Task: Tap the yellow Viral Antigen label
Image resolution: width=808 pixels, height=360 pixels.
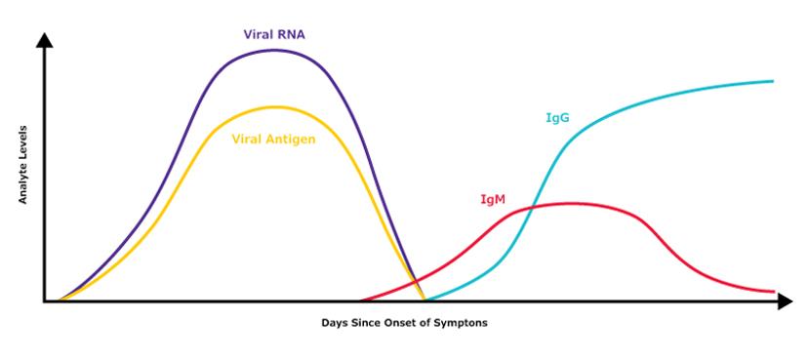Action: pos(275,138)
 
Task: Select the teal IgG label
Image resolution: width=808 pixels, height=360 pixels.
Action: pos(556,118)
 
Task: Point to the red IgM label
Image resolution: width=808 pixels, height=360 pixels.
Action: pos(492,199)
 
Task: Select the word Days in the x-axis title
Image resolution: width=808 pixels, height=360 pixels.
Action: pos(335,322)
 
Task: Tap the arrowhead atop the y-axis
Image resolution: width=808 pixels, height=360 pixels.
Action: pos(44,41)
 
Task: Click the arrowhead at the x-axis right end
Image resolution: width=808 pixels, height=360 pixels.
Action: pos(786,301)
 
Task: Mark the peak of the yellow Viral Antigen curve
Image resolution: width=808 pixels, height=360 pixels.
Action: pos(275,106)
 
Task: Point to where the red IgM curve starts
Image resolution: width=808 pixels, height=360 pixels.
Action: pos(361,300)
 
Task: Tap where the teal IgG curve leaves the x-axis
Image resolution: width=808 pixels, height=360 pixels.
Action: pos(424,300)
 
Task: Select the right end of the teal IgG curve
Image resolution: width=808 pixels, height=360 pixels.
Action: pos(773,81)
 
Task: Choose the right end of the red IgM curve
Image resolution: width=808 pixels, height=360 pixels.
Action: pos(773,292)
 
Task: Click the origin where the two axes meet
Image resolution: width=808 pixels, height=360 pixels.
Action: pos(44,301)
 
